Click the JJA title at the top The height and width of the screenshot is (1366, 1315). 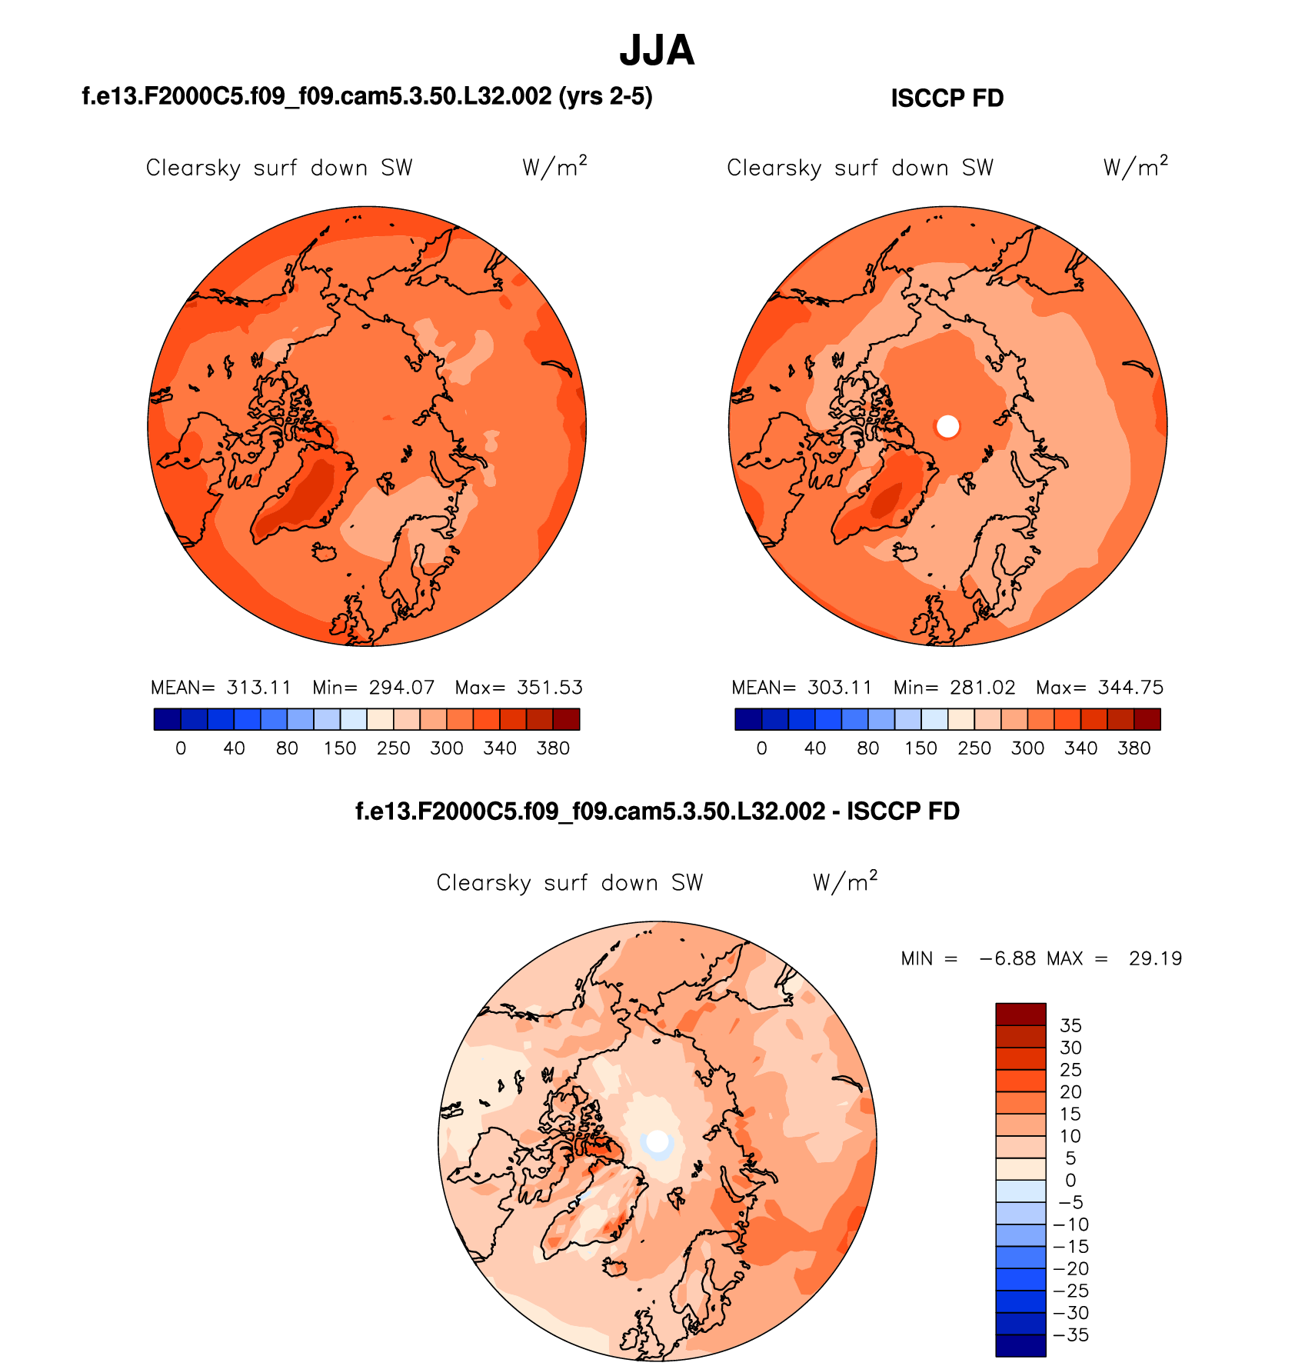click(657, 51)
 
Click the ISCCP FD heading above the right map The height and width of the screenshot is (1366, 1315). click(947, 98)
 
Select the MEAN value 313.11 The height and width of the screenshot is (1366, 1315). click(258, 688)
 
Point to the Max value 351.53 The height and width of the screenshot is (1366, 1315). click(549, 688)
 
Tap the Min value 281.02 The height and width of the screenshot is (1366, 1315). click(982, 688)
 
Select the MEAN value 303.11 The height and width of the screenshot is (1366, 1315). click(839, 688)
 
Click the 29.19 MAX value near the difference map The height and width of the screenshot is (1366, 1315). click(1155, 958)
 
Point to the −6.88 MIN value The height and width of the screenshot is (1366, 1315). click(1007, 958)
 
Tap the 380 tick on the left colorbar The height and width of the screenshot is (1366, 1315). click(553, 748)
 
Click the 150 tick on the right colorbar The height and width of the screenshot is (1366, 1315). click(920, 748)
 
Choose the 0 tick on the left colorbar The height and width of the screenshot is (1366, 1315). click(181, 748)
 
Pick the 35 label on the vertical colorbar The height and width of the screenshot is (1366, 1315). click(1070, 1025)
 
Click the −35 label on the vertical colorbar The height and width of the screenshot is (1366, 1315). click(1070, 1335)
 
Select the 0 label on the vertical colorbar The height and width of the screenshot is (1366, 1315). click(1070, 1180)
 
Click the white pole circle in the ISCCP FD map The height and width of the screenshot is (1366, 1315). click(948, 426)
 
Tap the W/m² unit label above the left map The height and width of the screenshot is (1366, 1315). click(554, 167)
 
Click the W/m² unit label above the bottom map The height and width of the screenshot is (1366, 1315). click(845, 881)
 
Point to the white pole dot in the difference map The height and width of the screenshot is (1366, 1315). click(657, 1141)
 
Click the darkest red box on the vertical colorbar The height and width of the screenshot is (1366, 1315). click(1020, 1014)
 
